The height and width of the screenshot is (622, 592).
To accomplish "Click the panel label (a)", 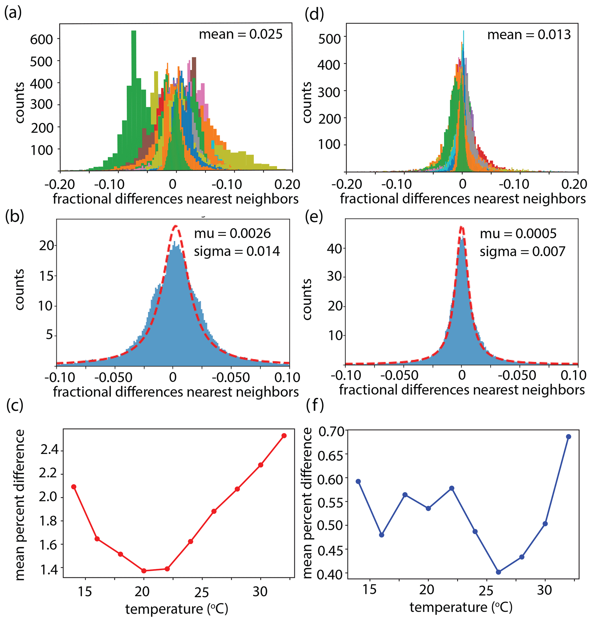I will (x=13, y=13).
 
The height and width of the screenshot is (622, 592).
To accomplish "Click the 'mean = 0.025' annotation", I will (x=241, y=34).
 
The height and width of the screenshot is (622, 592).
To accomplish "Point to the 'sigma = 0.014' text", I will (x=237, y=251).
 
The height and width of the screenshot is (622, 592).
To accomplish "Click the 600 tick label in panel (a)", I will (x=41, y=40).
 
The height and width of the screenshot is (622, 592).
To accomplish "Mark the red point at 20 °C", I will (x=144, y=571).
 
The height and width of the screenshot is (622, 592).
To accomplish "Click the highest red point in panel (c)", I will (x=284, y=436).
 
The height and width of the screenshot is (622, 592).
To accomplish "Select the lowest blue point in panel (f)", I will (x=499, y=572).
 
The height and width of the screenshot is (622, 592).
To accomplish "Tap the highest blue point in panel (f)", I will (x=569, y=437).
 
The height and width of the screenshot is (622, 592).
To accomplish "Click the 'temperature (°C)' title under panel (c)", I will (x=176, y=609).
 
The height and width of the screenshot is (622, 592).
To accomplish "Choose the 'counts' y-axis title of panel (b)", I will (x=19, y=290).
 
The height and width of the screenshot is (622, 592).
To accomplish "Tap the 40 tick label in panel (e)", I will (x=335, y=248).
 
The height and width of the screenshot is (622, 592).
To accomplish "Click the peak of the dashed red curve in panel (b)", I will (x=176, y=226).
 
